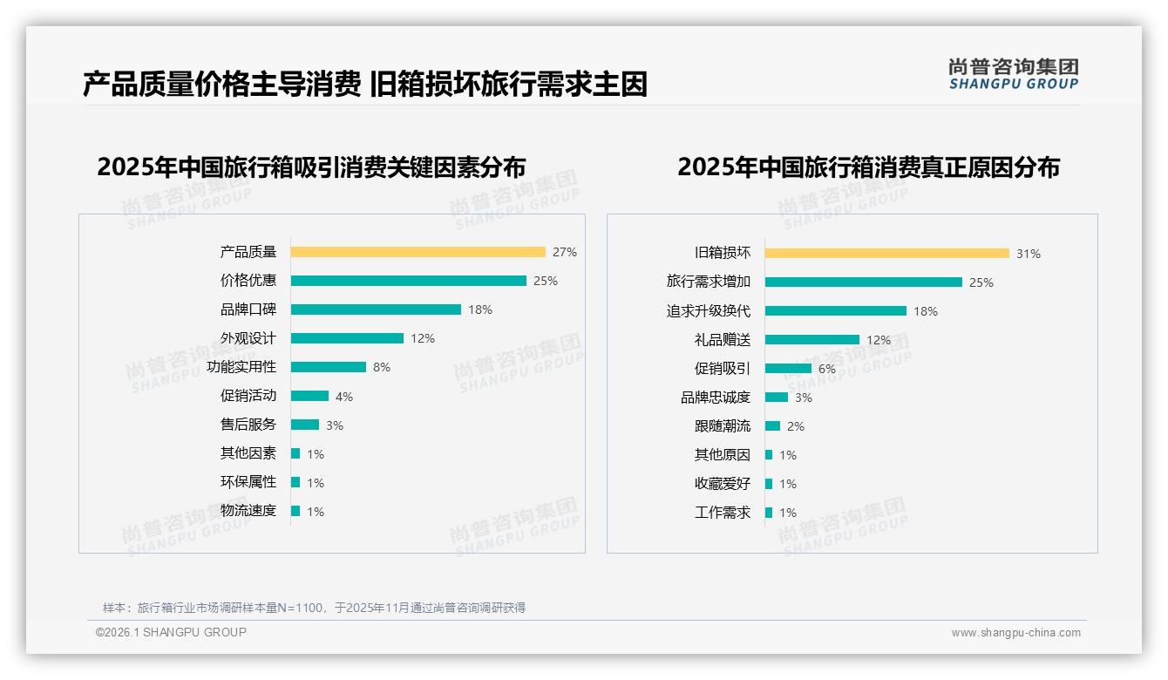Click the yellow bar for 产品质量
(x=418, y=252)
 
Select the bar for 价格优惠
(x=408, y=281)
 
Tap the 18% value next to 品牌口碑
(x=480, y=309)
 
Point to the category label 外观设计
(x=248, y=338)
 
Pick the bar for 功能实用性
(x=328, y=367)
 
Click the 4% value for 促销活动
(x=344, y=397)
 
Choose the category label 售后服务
(x=248, y=425)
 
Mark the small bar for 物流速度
(x=295, y=511)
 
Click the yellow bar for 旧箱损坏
(x=886, y=254)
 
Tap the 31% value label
(x=1029, y=254)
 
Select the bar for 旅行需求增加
(x=863, y=282)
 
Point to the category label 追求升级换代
(x=708, y=311)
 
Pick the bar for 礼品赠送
(x=811, y=340)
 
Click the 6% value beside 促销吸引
(x=827, y=369)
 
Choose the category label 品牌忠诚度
(x=715, y=398)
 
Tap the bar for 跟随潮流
(x=772, y=426)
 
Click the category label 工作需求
(x=722, y=513)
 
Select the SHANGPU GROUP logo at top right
(x=1013, y=74)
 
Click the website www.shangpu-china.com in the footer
(x=1015, y=633)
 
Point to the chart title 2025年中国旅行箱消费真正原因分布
(x=868, y=167)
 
